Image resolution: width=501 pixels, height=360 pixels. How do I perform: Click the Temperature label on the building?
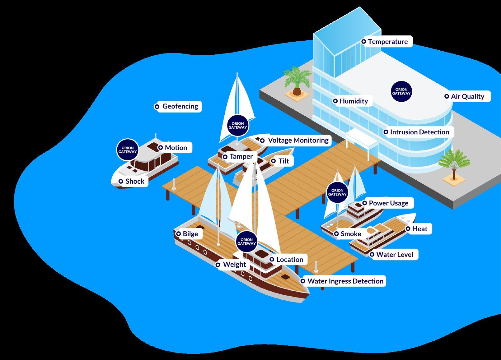click(x=387, y=42)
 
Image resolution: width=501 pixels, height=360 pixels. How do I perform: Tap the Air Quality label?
click(x=467, y=96)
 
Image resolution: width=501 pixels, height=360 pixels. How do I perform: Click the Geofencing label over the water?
click(x=180, y=106)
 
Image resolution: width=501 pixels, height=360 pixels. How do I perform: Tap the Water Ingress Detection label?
click(x=345, y=281)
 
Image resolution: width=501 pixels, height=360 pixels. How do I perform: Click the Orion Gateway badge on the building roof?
click(x=401, y=91)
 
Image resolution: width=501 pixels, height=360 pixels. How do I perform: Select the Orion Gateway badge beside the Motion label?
click(x=128, y=150)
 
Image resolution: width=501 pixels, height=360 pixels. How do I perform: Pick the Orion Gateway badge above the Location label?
click(x=246, y=242)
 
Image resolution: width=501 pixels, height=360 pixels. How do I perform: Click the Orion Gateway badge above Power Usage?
click(x=337, y=192)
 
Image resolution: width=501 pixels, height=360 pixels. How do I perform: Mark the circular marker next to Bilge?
click(x=179, y=234)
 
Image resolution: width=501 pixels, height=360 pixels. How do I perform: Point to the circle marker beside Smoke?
click(x=336, y=234)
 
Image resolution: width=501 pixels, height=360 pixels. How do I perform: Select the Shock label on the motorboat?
click(x=135, y=181)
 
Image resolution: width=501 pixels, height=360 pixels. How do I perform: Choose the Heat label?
click(x=419, y=229)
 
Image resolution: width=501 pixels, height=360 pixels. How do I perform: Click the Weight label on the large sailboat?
click(x=234, y=265)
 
